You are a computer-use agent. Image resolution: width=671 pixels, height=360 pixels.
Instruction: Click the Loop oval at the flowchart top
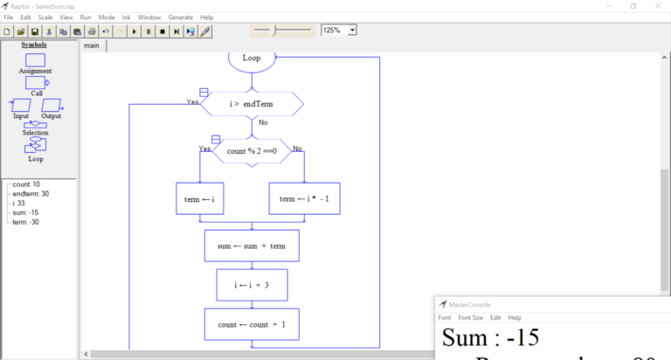[x=252, y=59]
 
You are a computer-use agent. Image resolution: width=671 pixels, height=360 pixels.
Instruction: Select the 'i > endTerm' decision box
[x=252, y=105]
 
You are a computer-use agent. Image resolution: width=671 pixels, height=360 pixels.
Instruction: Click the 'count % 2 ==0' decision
[x=252, y=151]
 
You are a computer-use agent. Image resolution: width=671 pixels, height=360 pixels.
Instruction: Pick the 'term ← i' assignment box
[x=200, y=198]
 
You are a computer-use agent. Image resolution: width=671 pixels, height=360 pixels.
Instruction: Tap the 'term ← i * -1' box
[x=303, y=198]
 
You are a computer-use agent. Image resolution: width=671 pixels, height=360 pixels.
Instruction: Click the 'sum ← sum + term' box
[x=252, y=246]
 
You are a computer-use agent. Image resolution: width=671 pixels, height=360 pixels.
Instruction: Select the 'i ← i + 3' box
[x=252, y=285]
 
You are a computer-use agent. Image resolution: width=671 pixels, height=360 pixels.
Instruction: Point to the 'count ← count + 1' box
[x=252, y=324]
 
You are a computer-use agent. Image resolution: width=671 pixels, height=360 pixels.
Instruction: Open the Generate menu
[x=181, y=17]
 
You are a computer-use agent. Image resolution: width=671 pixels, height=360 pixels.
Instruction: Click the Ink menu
[x=127, y=17]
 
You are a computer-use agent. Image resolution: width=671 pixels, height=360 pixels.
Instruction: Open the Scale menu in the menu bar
[x=45, y=17]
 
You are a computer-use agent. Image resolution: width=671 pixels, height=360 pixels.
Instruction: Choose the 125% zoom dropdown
[x=339, y=30]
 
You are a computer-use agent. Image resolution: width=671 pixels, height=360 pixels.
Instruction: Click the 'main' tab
[x=92, y=45]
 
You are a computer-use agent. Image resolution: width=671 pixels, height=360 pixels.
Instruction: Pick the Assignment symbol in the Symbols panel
[x=35, y=62]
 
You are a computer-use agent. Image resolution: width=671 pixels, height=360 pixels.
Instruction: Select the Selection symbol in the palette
[x=35, y=127]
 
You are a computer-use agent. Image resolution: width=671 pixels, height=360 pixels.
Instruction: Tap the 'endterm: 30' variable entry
[x=31, y=194]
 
